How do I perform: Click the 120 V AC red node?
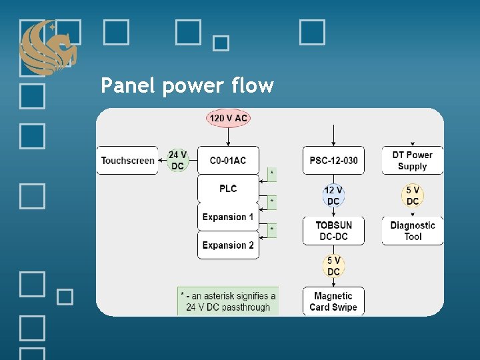[x=228, y=118]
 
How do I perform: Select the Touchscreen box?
[x=127, y=161]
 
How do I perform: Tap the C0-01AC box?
[x=228, y=161]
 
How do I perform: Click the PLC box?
[x=228, y=189]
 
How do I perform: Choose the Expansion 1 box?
[x=228, y=217]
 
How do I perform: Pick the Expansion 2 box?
[x=228, y=245]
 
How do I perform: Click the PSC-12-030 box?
[x=333, y=161]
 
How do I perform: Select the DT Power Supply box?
[x=413, y=161]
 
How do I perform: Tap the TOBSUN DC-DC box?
[x=333, y=231]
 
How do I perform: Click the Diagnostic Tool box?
[x=413, y=231]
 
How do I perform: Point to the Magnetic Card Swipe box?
[x=333, y=301]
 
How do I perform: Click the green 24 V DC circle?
[x=177, y=161]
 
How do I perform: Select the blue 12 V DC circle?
[x=333, y=196]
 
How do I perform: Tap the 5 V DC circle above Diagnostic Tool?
[x=413, y=196]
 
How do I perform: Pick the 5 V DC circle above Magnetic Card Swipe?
[x=333, y=266]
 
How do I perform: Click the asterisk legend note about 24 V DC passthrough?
[x=228, y=301]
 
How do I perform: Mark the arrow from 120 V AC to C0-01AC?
[x=228, y=137]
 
